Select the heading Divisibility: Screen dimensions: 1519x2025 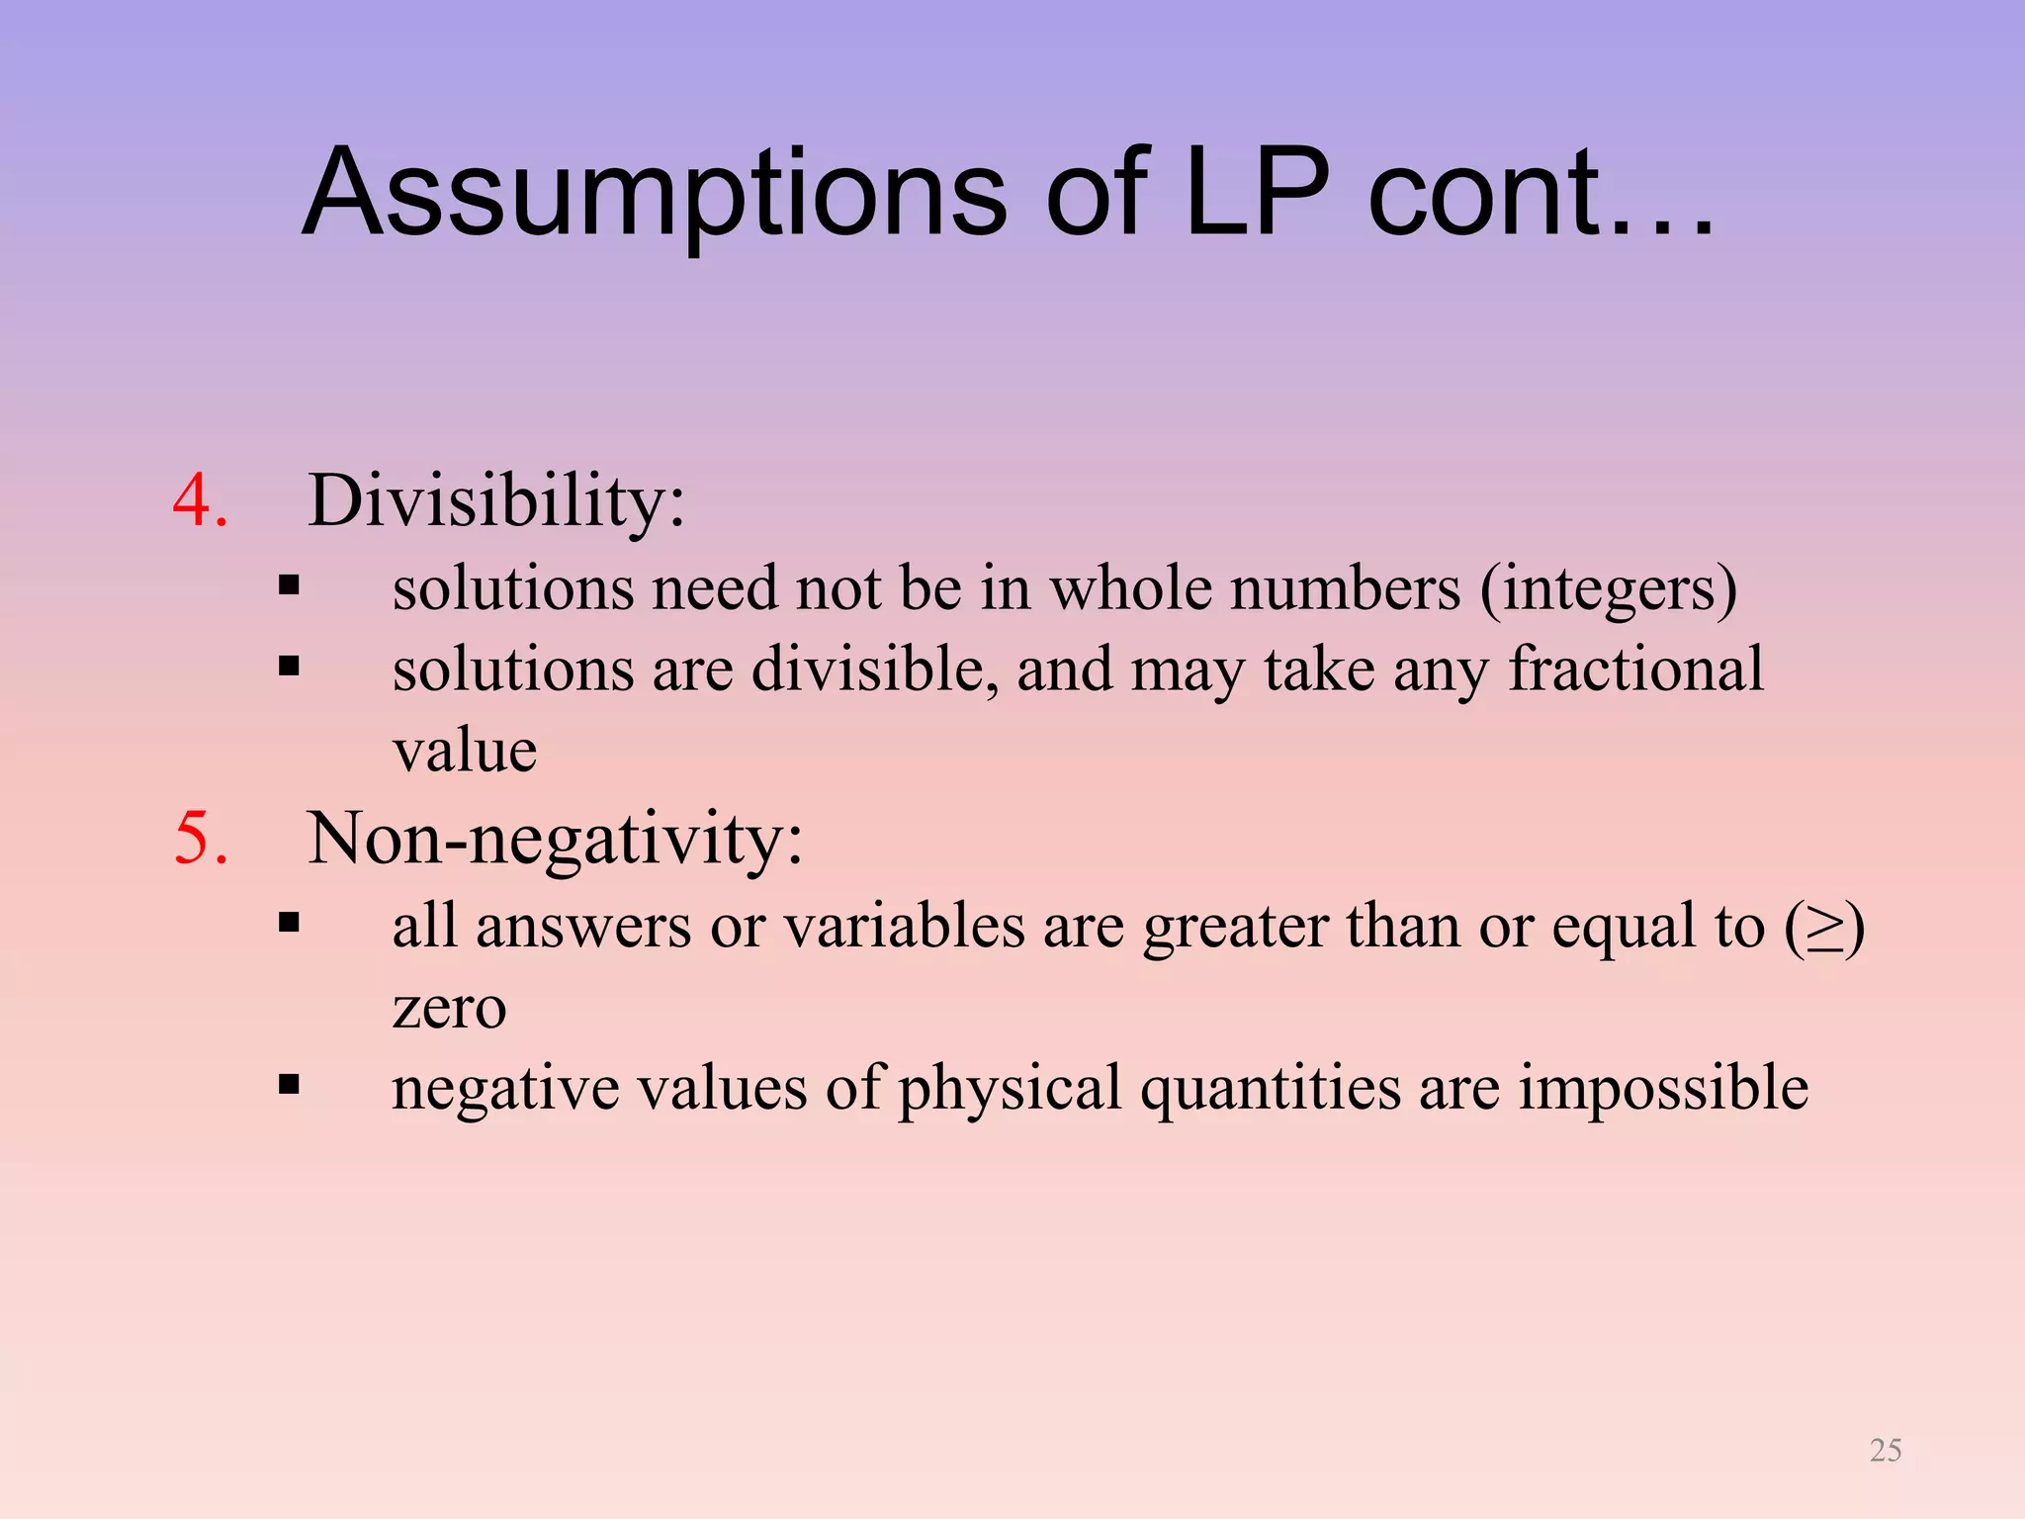pos(496,500)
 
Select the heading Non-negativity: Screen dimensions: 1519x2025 pos(555,839)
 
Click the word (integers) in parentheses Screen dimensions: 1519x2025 pos(1608,588)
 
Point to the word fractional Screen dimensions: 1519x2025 pos(1635,670)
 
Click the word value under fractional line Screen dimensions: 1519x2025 pos(465,752)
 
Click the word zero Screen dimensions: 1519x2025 pos(449,1008)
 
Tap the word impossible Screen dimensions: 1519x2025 pos(1663,1088)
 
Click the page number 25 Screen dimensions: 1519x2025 pos(1885,1450)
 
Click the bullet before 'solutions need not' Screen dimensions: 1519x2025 pos(289,585)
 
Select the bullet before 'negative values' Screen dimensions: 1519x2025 pos(289,1085)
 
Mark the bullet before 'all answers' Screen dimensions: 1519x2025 pos(289,924)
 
